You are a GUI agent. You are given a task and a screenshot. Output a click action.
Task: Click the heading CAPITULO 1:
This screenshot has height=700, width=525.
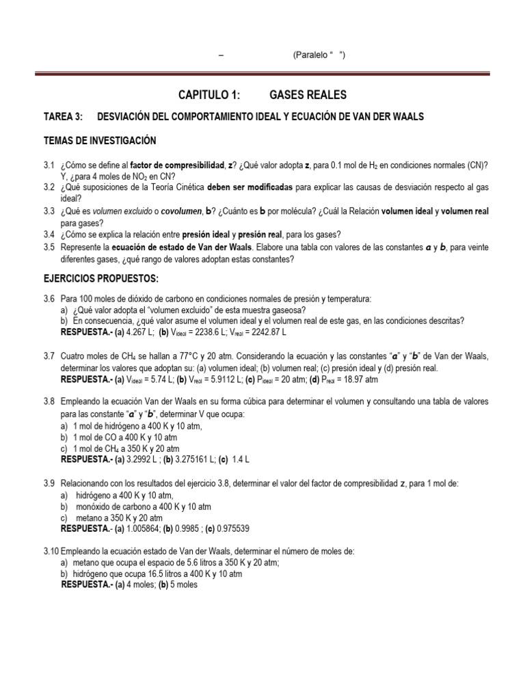click(x=211, y=94)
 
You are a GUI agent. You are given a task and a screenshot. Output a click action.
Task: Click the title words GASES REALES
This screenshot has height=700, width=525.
click(x=309, y=94)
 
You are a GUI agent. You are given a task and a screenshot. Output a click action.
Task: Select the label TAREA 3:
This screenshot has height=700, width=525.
click(x=62, y=118)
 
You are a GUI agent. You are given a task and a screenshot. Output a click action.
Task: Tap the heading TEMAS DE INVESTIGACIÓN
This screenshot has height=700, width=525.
click(x=100, y=141)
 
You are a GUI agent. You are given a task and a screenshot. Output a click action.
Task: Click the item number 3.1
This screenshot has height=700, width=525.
click(x=49, y=165)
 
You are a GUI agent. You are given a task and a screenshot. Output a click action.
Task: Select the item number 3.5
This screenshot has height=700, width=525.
click(x=49, y=248)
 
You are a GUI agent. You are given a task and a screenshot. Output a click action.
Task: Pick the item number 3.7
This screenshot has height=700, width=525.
click(x=49, y=357)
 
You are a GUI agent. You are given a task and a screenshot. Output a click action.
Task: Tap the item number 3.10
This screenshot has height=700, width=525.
click(x=51, y=551)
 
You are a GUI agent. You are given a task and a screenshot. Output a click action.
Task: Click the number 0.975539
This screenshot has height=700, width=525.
click(x=228, y=528)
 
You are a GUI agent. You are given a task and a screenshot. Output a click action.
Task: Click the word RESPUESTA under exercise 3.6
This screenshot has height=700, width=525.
click(x=85, y=332)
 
